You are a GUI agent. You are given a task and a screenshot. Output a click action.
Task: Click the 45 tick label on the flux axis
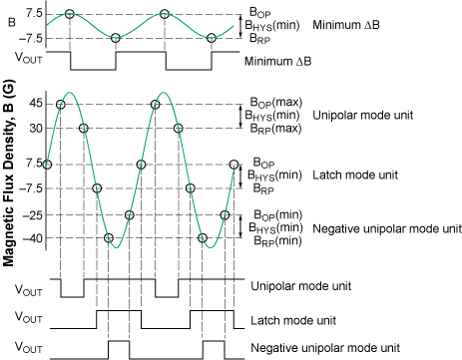pyautogui.click(x=35, y=104)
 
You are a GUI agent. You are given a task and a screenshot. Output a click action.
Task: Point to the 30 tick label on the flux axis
pyautogui.click(x=35, y=128)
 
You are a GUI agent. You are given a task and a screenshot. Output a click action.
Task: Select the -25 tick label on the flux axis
pyautogui.click(x=33, y=214)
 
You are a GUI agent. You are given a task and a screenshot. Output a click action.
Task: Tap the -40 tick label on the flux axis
pyautogui.click(x=33, y=238)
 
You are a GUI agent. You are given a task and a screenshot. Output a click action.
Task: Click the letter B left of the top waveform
pyautogui.click(x=12, y=18)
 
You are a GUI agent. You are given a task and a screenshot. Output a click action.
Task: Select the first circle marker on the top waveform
pyautogui.click(x=69, y=14)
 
